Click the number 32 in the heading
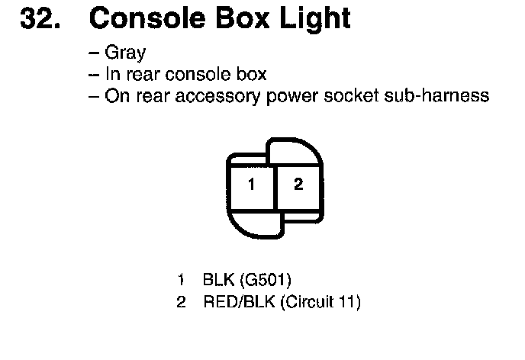coord(40,18)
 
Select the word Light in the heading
coord(313,19)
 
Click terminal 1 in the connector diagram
coord(251,185)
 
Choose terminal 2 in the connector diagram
coord(298,185)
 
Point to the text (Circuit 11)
coord(320,302)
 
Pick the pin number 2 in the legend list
coord(181,302)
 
